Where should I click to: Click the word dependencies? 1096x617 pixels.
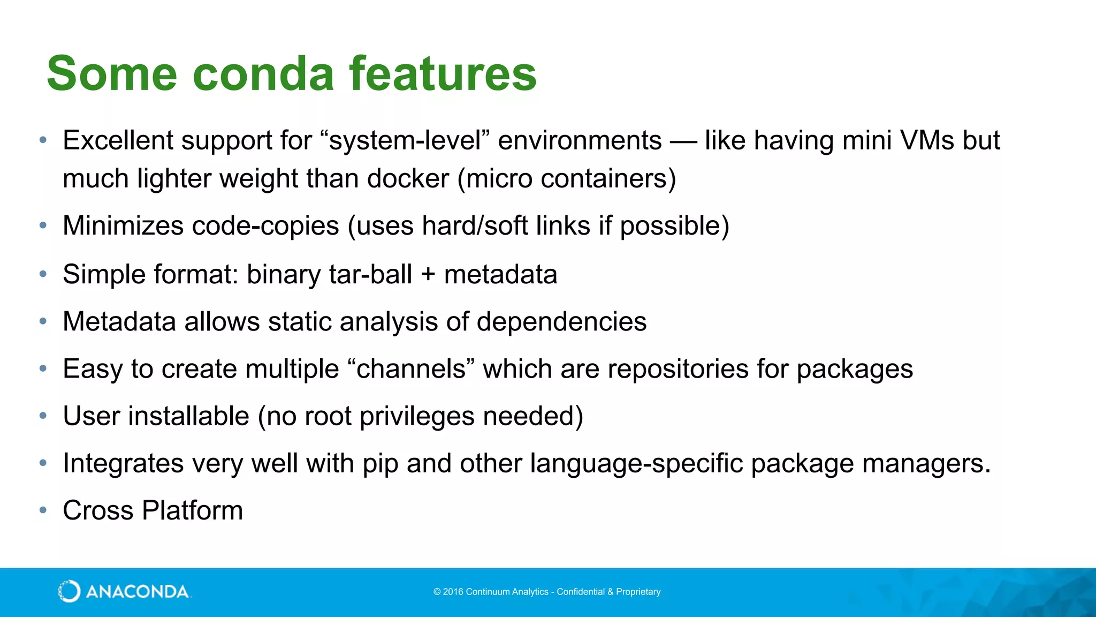[x=561, y=322]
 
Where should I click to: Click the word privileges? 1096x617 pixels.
[x=417, y=417]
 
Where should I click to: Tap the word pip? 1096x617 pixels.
[x=380, y=464]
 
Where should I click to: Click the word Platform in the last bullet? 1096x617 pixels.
[x=192, y=510]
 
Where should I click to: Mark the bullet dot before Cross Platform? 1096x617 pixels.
[x=43, y=510]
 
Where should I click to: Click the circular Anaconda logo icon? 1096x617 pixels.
[x=69, y=591]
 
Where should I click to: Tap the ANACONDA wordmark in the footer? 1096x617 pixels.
[x=137, y=592]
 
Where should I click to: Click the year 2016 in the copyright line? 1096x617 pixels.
[x=453, y=592]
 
